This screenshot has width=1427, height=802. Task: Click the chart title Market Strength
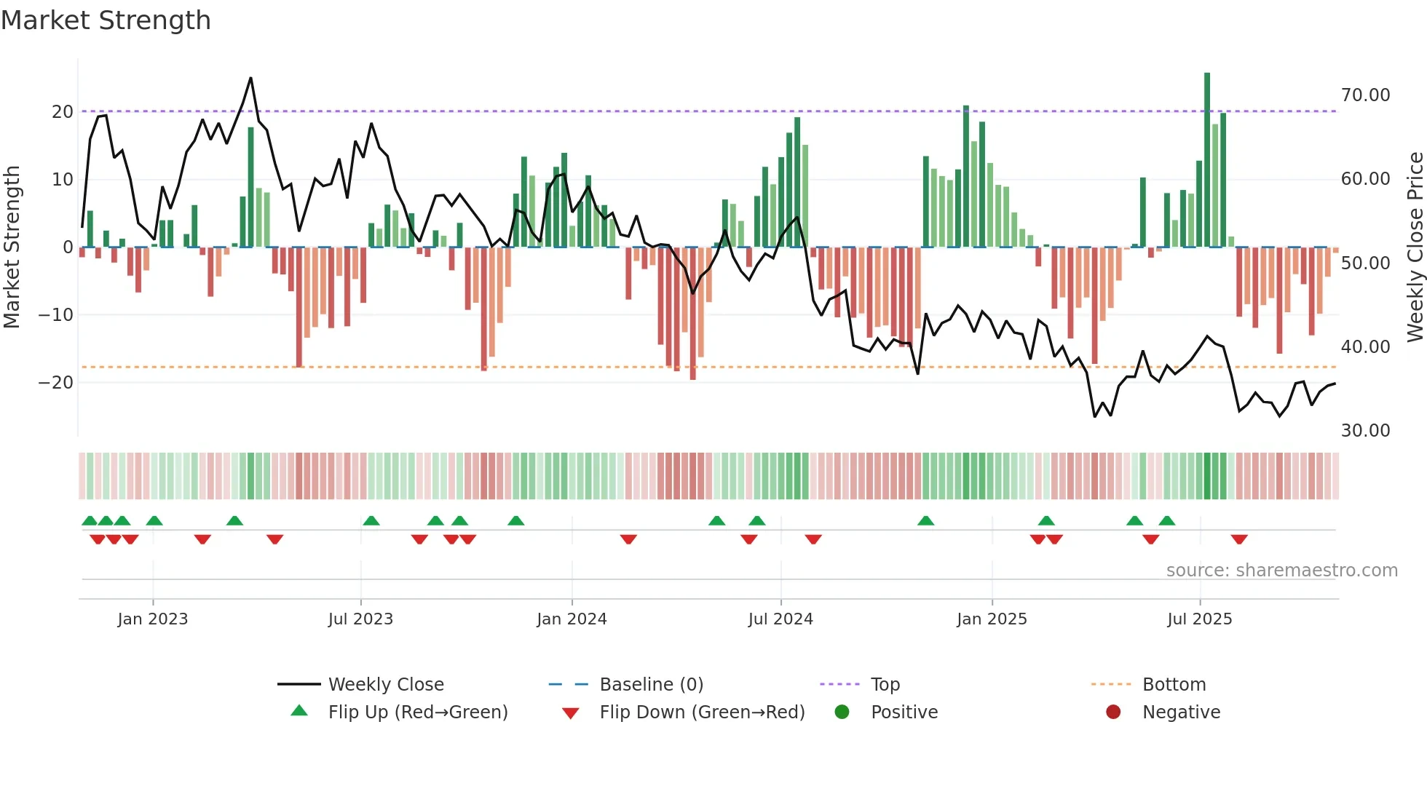[x=106, y=20]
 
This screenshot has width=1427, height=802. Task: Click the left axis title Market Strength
[x=12, y=247]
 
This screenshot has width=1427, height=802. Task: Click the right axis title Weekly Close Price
[x=1415, y=247]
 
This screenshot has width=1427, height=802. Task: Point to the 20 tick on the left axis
[x=63, y=112]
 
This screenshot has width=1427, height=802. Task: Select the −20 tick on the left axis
[x=57, y=383]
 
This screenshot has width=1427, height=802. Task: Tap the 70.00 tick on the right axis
[x=1365, y=95]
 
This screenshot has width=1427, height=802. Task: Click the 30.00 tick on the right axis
[x=1365, y=431]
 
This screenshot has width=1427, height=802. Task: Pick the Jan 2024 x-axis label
[x=572, y=619]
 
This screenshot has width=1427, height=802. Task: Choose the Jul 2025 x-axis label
[x=1199, y=619]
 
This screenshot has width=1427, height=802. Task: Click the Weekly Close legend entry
[x=385, y=685]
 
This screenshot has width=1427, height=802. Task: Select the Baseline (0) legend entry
[x=651, y=685]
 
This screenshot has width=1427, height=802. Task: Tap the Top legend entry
[x=885, y=685]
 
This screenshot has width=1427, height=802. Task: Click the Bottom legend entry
[x=1174, y=685]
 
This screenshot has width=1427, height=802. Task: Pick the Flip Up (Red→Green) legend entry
[x=417, y=712]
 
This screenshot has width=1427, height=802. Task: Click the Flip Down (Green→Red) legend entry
[x=702, y=712]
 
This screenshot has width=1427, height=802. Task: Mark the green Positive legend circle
[x=842, y=712]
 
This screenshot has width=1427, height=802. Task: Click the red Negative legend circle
[x=1113, y=712]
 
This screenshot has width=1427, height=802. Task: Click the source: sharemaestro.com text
[x=1281, y=571]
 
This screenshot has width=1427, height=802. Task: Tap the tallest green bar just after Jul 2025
[x=1207, y=160]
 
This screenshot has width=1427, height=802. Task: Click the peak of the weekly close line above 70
[x=251, y=78]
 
